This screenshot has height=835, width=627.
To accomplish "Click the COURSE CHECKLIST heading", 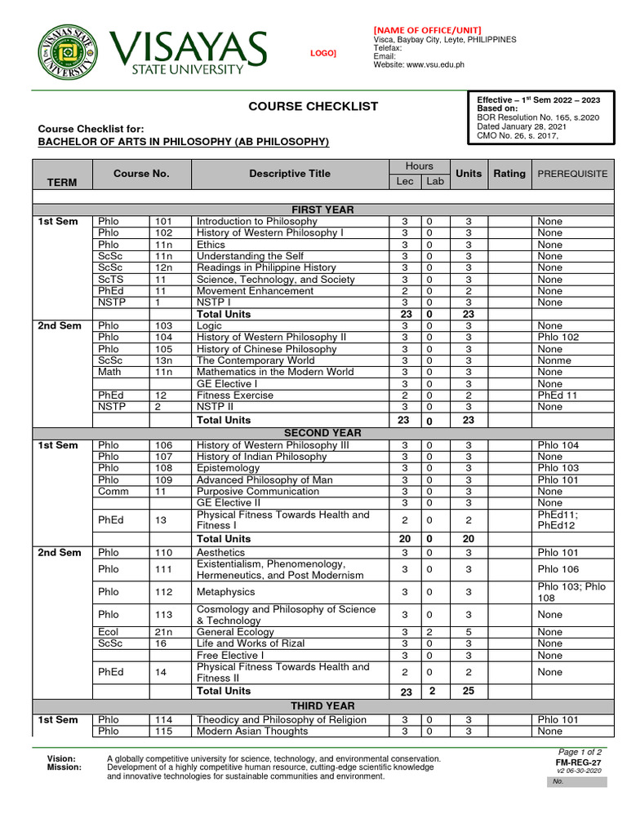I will (313, 106).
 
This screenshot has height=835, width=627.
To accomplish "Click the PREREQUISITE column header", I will (571, 174).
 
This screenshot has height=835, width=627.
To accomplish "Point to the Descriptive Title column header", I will (290, 174).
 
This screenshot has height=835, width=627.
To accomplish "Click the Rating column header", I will (509, 174).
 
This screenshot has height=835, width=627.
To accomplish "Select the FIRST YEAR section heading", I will (322, 210).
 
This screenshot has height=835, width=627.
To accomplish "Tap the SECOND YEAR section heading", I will (322, 433).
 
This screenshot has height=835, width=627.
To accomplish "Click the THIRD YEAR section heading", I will (322, 705).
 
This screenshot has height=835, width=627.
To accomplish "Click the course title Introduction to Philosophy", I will (257, 222).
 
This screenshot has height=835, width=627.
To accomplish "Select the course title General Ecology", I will (235, 632).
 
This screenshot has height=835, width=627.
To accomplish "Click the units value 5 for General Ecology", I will (468, 632).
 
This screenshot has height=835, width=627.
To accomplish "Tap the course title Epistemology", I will (228, 468).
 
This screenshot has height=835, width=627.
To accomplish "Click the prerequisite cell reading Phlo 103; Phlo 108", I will (571, 592).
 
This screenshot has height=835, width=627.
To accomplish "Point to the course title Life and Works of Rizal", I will (251, 643).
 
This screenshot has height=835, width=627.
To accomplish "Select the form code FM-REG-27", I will (578, 762).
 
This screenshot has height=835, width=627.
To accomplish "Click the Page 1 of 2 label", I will (580, 752).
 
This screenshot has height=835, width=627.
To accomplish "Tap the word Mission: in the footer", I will (64, 767).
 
